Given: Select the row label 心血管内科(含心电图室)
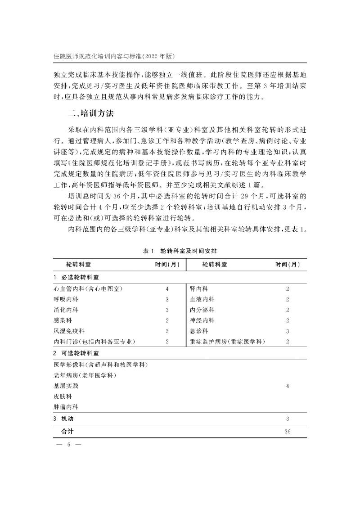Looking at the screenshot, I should [x=88, y=288].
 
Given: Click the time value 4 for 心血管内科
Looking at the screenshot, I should [x=167, y=288].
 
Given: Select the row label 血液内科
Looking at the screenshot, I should [x=202, y=299].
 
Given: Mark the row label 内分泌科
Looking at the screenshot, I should [x=202, y=310].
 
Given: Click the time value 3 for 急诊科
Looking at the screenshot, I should [x=287, y=332].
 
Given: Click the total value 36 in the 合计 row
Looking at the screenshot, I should [x=288, y=432].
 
